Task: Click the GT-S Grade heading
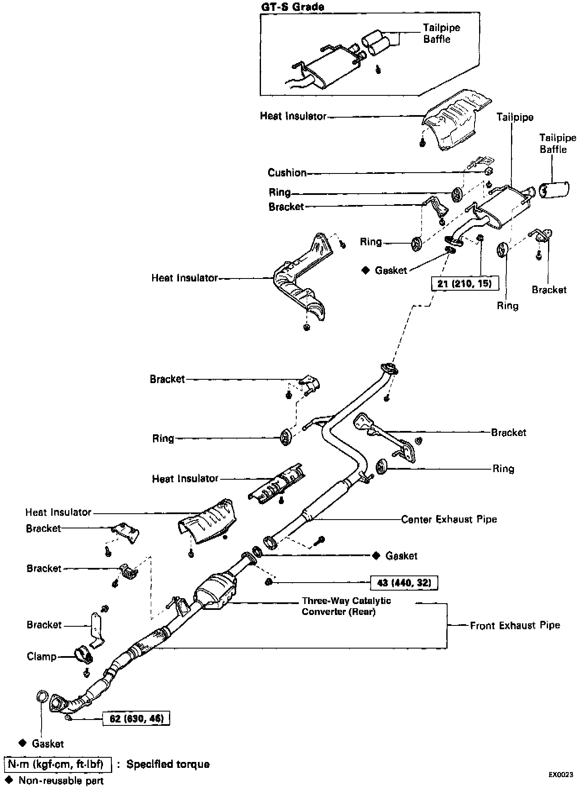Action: tap(292, 7)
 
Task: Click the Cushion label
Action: tap(287, 173)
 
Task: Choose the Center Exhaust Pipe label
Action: tap(449, 519)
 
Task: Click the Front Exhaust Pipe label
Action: tap(515, 625)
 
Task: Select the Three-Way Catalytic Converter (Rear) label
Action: tap(346, 606)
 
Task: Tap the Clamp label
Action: tap(41, 656)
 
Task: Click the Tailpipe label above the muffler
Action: tap(514, 117)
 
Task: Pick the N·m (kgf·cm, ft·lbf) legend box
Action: tap(58, 764)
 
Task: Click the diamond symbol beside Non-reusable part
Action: tap(11, 780)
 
